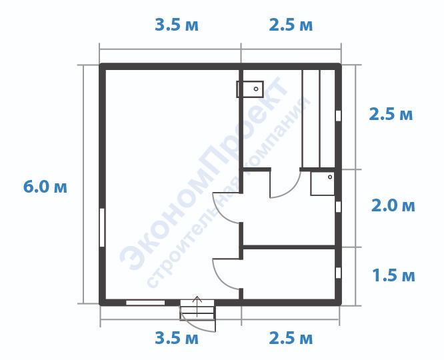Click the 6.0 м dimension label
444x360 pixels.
pos(45,187)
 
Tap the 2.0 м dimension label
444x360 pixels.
pos(393,205)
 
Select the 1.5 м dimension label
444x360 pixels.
pos(393,275)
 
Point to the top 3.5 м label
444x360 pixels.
pos(177,25)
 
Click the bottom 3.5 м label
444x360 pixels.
pos(177,338)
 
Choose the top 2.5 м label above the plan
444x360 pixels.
pos(291,25)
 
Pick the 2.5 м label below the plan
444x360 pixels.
pos(291,338)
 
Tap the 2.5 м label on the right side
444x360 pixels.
pos(391,115)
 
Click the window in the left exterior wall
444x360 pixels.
pos(102,228)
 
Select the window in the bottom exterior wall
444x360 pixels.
pos(145,303)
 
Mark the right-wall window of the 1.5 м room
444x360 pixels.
pos(338,273)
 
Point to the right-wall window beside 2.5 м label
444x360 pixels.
pos(338,115)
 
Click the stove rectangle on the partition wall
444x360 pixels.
pos(250,89)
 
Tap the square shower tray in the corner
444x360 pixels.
pos(323,183)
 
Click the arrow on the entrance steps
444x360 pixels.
pos(197,307)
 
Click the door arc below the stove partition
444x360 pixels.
pos(221,213)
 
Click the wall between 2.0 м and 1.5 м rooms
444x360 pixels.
pos(289,247)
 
